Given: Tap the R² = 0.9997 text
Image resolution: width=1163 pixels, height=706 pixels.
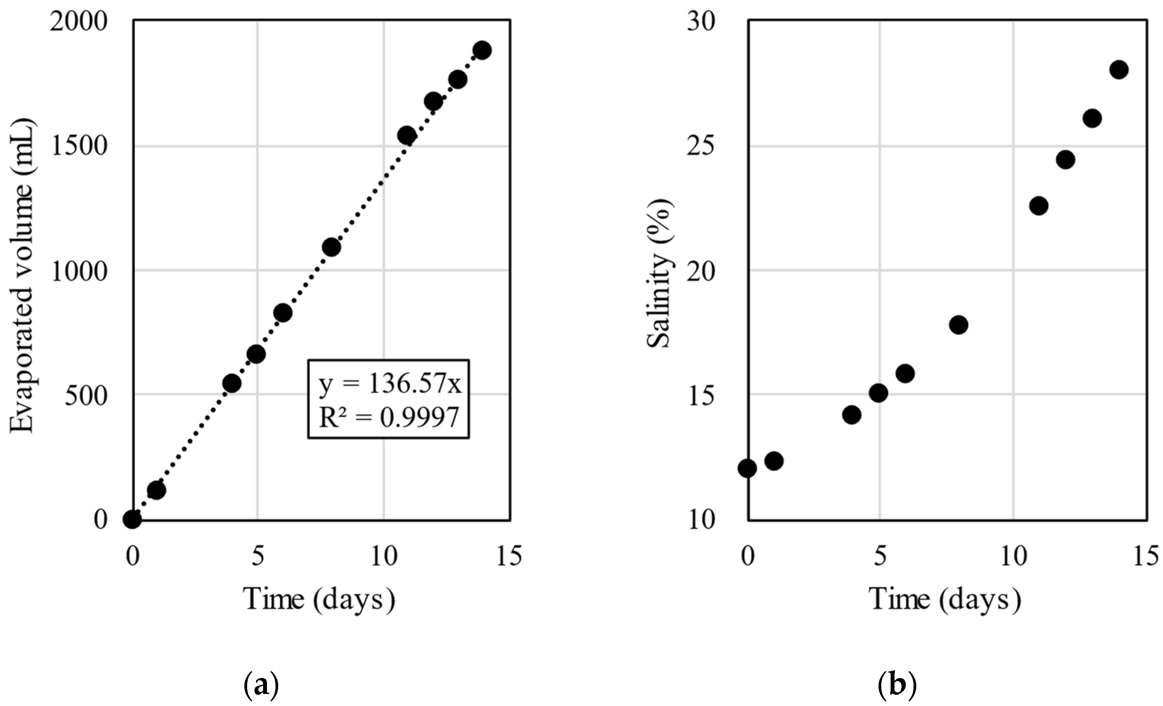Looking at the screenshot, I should pos(389,417).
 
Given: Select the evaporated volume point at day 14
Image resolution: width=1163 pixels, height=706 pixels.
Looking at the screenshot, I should pos(482,50).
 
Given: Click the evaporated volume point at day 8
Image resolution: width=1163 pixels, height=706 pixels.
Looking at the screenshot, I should pos(331,247).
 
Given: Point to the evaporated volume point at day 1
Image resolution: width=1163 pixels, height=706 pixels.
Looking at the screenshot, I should pos(157,490).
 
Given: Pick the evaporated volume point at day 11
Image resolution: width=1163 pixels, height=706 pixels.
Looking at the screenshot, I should pos(406,136).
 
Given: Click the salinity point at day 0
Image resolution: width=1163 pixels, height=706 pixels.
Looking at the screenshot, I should pos(748,468).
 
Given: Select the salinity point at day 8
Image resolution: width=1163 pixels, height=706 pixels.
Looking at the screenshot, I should pos(959,325).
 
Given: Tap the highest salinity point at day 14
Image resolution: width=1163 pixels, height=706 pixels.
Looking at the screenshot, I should pos(1119,70).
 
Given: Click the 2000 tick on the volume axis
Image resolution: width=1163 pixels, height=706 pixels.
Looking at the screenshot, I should pos(79,22).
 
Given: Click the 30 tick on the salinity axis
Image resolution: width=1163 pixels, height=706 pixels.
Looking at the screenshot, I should pos(701,22).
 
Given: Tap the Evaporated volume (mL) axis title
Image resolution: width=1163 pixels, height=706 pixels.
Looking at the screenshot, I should pos(22,276).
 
